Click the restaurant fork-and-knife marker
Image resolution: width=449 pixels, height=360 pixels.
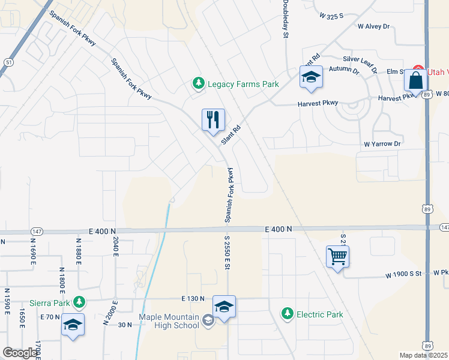pos(213,120)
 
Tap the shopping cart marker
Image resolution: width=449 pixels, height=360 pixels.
pos(338,257)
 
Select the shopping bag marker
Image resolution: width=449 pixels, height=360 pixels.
pos(416,81)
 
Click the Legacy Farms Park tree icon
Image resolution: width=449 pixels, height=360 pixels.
pos(198,84)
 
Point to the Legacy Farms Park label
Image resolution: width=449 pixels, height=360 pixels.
pos(243,84)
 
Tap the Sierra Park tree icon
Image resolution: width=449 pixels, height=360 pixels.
pos(78,302)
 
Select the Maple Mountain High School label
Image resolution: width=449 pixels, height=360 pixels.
pos(169,321)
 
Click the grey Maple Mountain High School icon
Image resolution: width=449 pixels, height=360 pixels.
pos(208,321)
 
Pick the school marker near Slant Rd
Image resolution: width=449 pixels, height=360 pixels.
pos(311,77)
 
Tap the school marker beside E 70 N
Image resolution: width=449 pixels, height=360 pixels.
pos(73,325)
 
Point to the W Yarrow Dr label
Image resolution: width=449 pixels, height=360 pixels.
pos(382,144)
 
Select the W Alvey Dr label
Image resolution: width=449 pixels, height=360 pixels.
pos(373,26)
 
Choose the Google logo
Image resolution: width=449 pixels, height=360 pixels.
pos(20,353)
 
